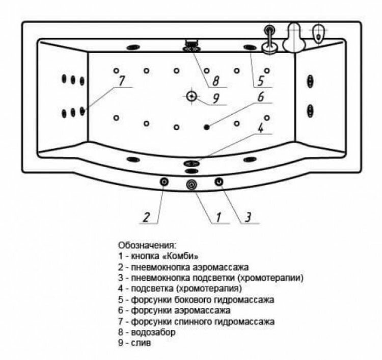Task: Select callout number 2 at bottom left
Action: (146, 217)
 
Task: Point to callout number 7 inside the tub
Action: (121, 81)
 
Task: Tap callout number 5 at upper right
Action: (260, 80)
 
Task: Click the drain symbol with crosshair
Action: (192, 95)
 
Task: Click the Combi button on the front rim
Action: (192, 185)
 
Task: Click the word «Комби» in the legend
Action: (182, 256)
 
